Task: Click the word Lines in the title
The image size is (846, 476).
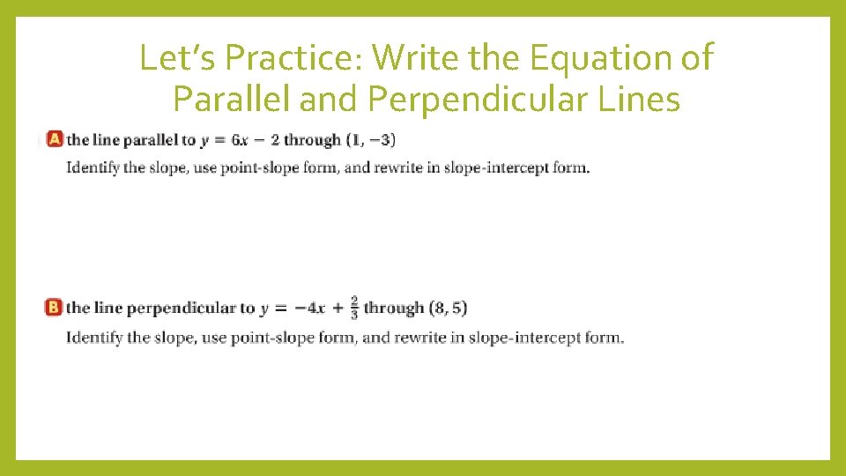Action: pyautogui.click(x=635, y=100)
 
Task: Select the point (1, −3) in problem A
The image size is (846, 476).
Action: pyautogui.click(x=370, y=139)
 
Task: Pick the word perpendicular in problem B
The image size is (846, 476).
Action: pyautogui.click(x=179, y=308)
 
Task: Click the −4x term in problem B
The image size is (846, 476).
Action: pyautogui.click(x=309, y=308)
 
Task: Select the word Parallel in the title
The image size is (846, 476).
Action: pyautogui.click(x=232, y=100)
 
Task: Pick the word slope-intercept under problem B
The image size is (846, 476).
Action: pyautogui.click(x=522, y=337)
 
